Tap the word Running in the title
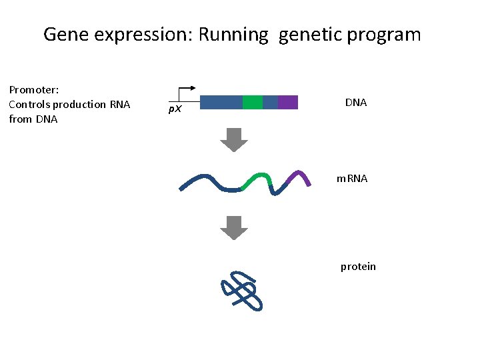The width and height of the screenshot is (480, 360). coord(238,35)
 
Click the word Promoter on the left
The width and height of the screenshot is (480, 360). coord(34,89)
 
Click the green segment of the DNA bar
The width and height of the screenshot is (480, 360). coord(253,102)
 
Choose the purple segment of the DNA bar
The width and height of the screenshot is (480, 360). coord(288,102)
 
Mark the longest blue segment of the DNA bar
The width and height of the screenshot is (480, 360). coord(221,102)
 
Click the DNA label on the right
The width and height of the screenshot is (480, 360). coord(356,103)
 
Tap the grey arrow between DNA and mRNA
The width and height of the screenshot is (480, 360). coord(234,139)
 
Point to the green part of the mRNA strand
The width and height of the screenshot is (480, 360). coord(258,179)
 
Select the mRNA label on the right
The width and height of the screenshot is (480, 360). coord(351,179)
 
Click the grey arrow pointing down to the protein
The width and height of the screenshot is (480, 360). coord(234,228)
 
